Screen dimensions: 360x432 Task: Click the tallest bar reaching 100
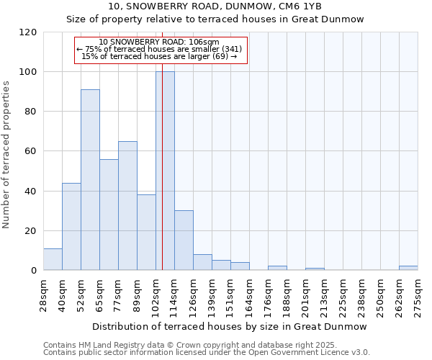pyautogui.click(x=165, y=171)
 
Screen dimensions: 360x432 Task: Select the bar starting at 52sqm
pyautogui.click(x=90, y=180)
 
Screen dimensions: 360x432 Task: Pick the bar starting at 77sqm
pyautogui.click(x=127, y=205)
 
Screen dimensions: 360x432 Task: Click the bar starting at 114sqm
pyautogui.click(x=184, y=240)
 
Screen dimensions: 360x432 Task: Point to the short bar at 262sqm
pyautogui.click(x=408, y=268)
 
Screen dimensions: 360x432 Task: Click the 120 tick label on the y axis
pyautogui.click(x=28, y=32)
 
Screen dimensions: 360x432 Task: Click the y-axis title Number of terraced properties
pyautogui.click(x=7, y=155)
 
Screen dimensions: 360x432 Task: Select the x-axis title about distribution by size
pyautogui.click(x=230, y=326)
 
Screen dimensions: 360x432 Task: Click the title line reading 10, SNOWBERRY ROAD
pyautogui.click(x=215, y=6)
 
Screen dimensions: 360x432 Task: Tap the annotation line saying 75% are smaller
pyautogui.click(x=162, y=49)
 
